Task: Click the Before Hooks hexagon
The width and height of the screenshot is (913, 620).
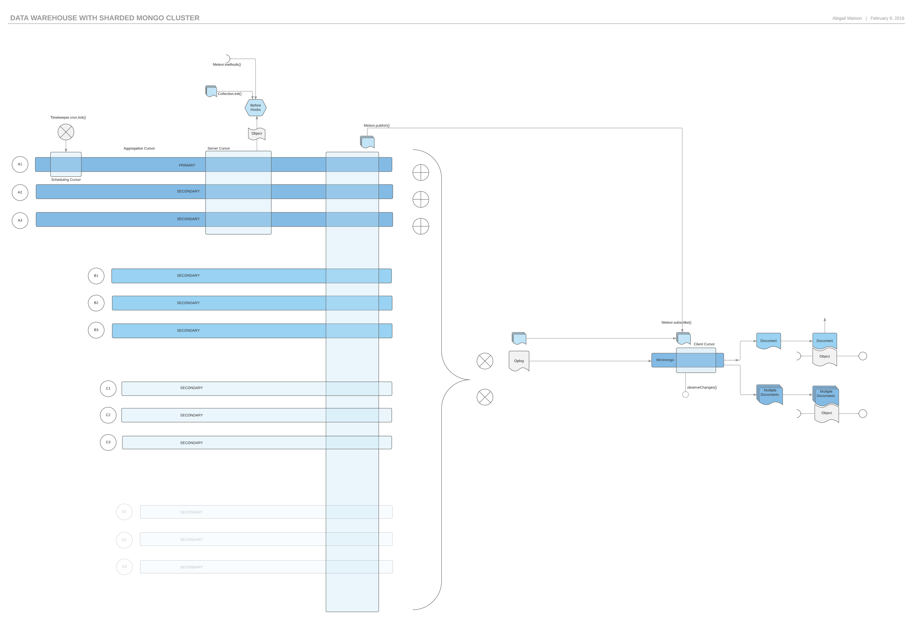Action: pos(255,107)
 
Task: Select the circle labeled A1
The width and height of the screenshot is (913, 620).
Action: pos(20,164)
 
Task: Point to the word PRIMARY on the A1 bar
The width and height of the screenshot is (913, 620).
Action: pos(187,165)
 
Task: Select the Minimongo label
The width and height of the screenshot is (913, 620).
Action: pos(665,360)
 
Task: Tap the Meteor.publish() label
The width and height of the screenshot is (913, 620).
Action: pos(376,125)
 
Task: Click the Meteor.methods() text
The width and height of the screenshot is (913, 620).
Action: pos(227,64)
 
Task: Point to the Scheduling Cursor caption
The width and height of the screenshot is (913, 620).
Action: pos(66,180)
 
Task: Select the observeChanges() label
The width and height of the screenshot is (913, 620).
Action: pos(702,387)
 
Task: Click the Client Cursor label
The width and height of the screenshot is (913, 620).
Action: pos(704,344)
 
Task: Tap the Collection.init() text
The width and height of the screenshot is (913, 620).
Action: pos(229,93)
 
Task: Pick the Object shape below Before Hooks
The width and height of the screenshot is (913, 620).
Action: pos(257,134)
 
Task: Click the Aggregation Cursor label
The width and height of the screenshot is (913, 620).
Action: pos(139,148)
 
